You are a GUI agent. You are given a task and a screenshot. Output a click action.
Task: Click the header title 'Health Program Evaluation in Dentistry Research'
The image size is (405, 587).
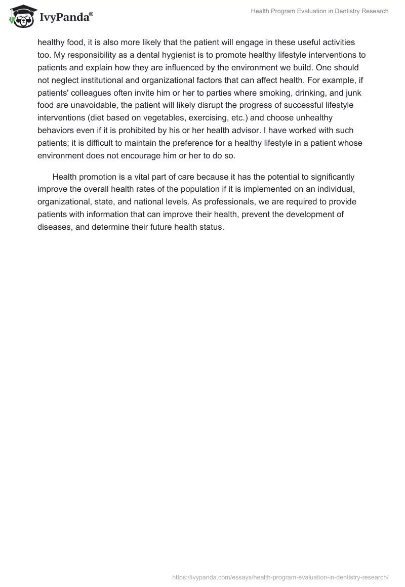pos(320,11)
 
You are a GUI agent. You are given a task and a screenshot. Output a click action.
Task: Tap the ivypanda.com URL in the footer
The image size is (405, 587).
pos(280,577)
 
